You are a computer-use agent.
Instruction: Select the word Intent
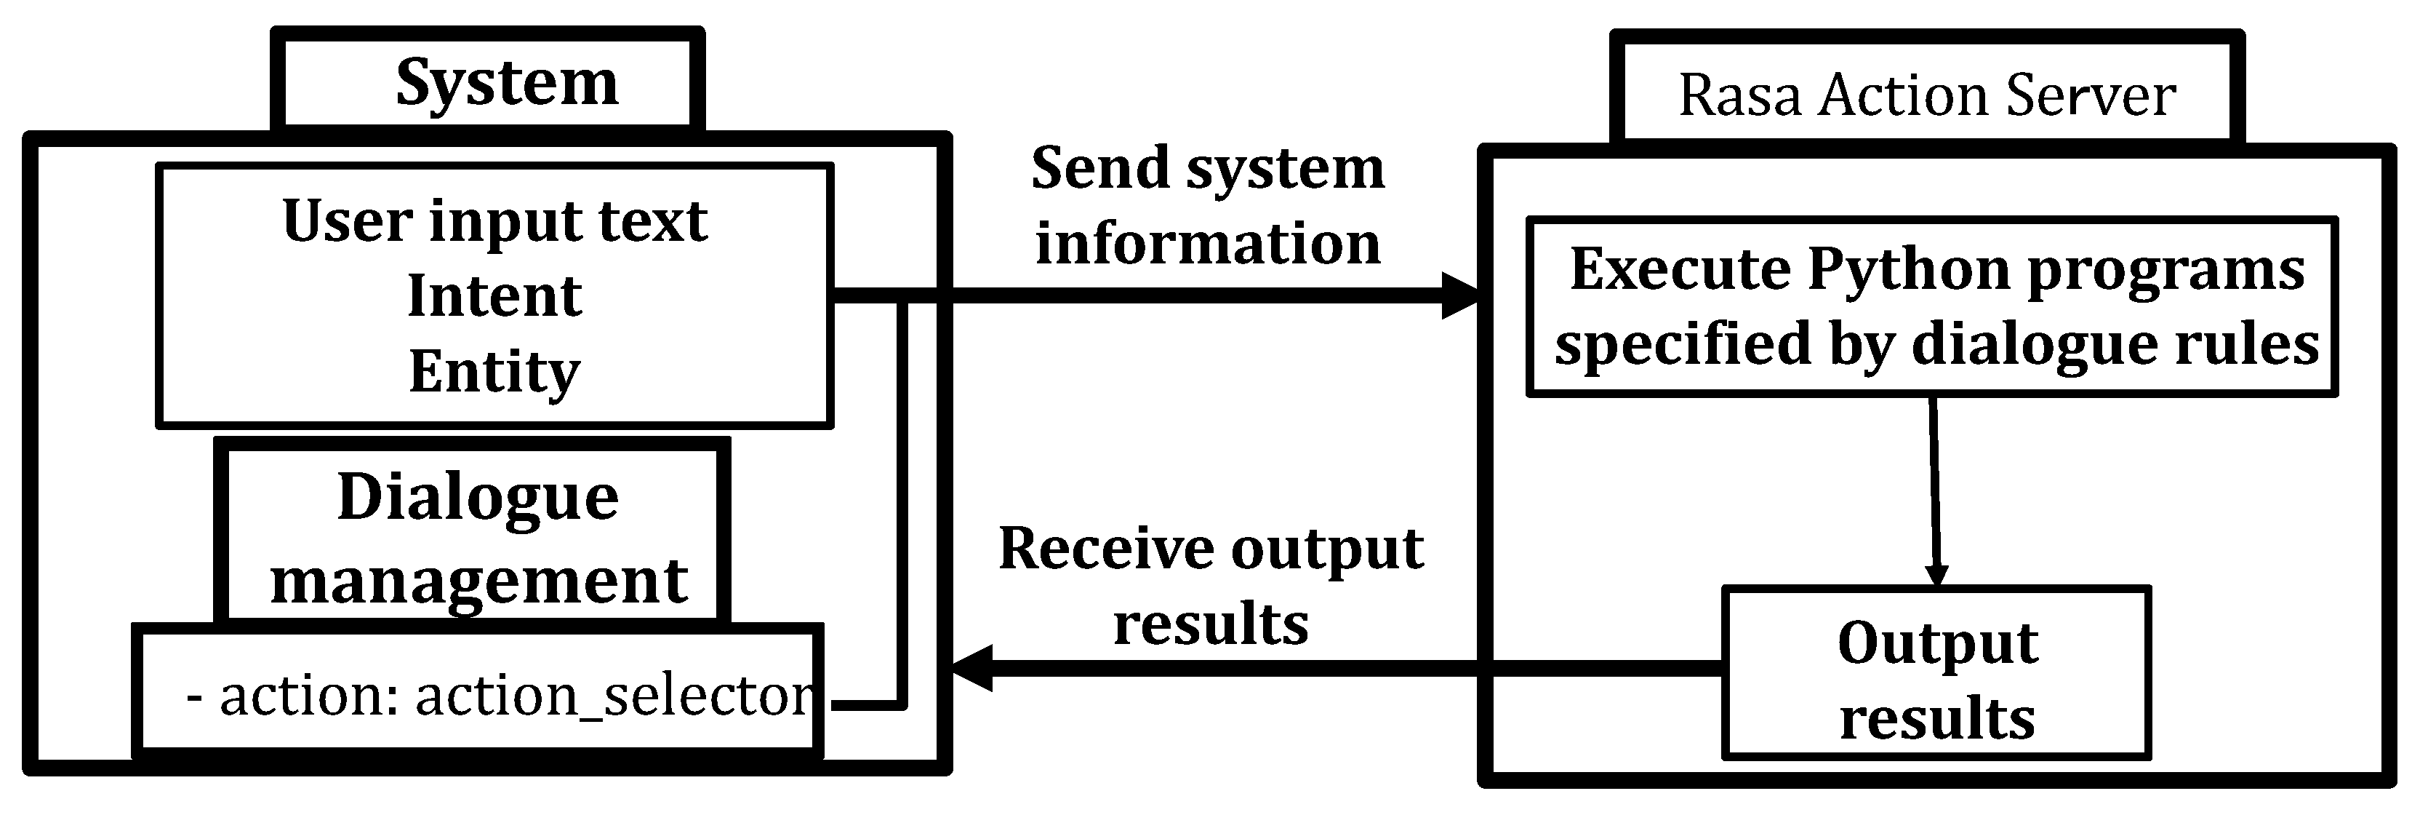(494, 297)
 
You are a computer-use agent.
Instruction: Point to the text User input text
(494, 222)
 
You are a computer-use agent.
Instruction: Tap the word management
(479, 581)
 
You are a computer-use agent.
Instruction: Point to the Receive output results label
(1211, 585)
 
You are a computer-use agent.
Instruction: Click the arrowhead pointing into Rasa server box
(1461, 296)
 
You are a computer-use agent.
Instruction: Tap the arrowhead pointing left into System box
(972, 668)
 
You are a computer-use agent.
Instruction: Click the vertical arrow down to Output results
(1935, 489)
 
